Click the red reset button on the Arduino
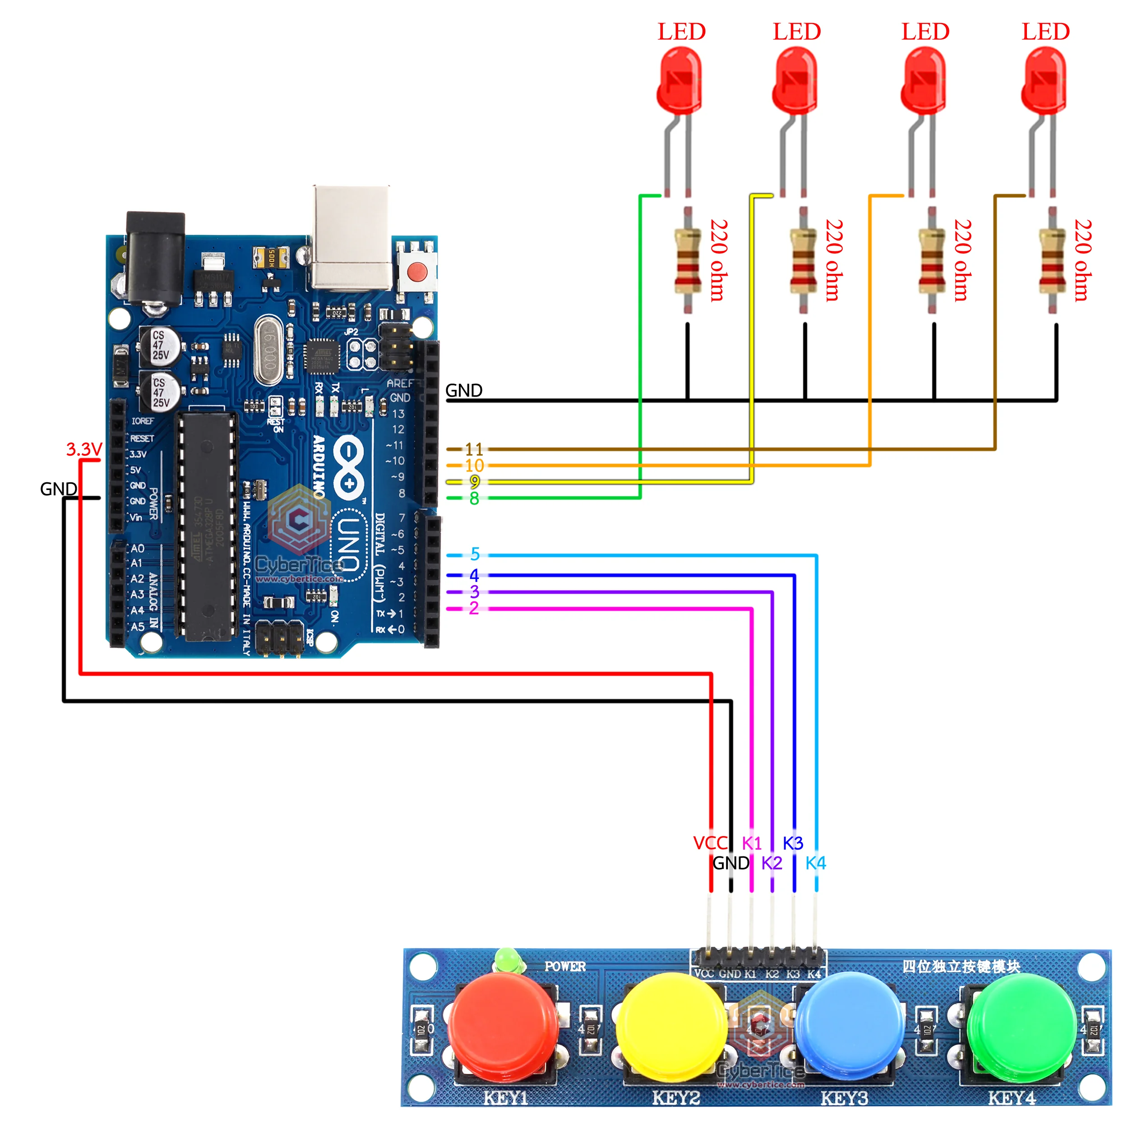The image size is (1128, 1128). coord(417,272)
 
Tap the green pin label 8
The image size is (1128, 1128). coord(474,499)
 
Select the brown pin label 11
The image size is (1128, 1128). coord(474,449)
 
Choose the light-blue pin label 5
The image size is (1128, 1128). coord(475,554)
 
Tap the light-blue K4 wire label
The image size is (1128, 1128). coord(816,863)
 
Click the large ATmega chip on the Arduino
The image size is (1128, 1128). coord(207,526)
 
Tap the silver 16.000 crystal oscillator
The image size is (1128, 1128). coord(268,350)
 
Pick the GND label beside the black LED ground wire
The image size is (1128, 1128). coord(463,390)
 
